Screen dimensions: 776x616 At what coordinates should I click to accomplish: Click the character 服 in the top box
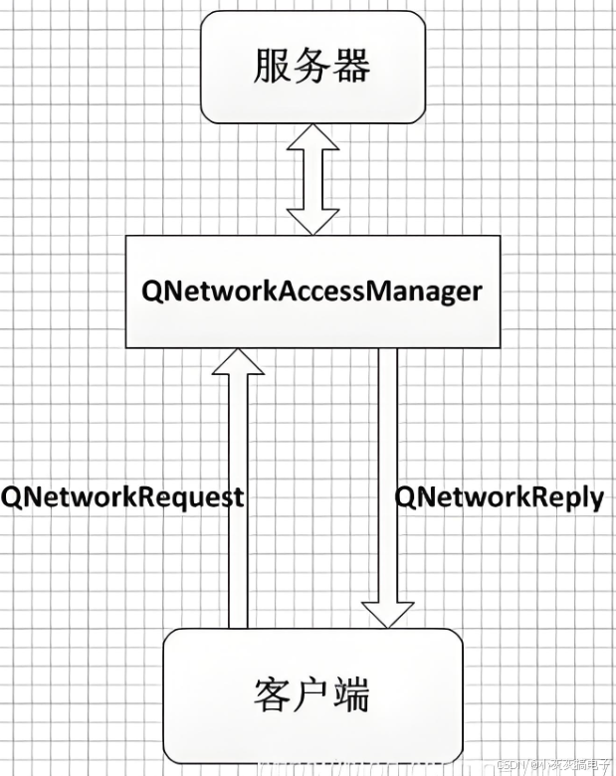(275, 67)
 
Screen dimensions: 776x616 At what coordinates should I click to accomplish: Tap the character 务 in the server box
(313, 67)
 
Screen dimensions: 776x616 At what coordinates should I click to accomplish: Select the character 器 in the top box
(351, 67)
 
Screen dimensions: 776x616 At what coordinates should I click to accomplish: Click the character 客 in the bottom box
(274, 694)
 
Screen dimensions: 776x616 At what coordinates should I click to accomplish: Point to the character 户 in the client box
(312, 694)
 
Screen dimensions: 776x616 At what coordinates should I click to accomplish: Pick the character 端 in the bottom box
(351, 694)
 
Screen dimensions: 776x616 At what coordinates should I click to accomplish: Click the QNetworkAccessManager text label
(311, 291)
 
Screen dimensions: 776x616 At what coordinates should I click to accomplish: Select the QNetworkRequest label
(121, 497)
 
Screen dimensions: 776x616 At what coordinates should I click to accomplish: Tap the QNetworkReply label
(500, 497)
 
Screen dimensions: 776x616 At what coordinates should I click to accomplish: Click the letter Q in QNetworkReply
(405, 497)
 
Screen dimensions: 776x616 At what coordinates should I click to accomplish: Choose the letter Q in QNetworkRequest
(12, 497)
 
